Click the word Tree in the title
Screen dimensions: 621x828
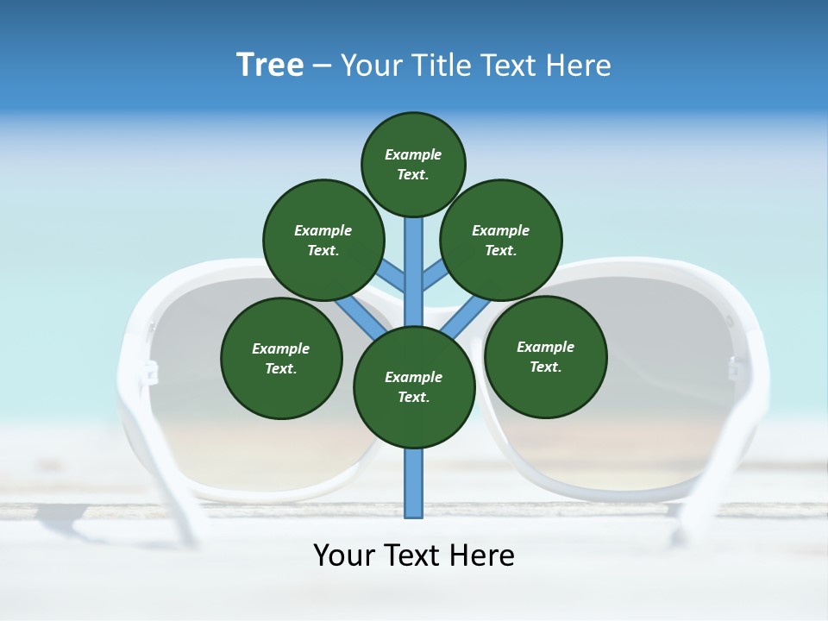tap(270, 65)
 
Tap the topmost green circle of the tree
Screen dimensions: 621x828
tap(413, 164)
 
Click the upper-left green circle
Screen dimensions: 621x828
tap(323, 240)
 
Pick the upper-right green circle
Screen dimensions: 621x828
tap(501, 240)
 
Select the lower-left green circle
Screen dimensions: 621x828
tap(281, 358)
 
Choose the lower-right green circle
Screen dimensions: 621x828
tap(545, 355)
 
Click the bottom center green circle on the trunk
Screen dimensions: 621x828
tap(414, 387)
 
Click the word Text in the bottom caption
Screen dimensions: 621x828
tap(413, 555)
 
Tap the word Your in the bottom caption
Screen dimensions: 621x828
tap(344, 555)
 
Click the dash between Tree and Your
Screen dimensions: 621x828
tap(322, 66)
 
